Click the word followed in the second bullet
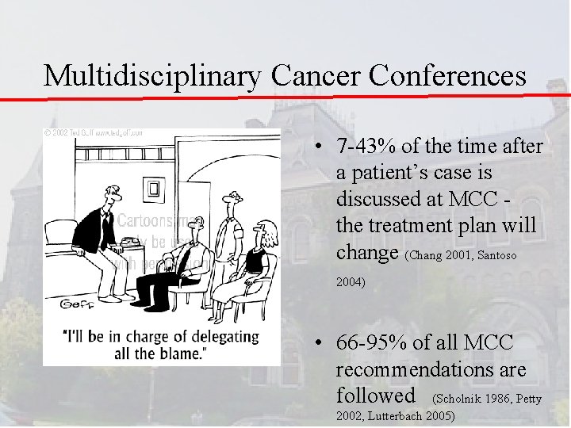[375, 395]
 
